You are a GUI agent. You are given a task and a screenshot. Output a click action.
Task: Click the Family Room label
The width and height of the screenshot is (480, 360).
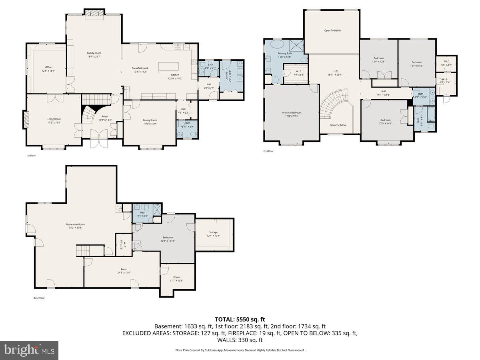pos(94,55)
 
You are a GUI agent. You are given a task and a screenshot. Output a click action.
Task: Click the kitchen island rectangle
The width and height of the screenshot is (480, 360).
pos(169,66)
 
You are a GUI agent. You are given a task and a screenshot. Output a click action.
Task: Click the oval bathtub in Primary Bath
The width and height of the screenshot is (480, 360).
pos(277,44)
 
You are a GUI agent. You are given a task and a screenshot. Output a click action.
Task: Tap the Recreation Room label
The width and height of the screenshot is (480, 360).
pos(76,226)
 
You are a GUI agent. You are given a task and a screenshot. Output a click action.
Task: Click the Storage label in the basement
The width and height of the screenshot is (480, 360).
pos(213,234)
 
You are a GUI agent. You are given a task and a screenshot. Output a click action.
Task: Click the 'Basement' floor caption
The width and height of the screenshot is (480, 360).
pos(39,298)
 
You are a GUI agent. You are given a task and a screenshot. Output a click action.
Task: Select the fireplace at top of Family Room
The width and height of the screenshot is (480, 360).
pos(94,12)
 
